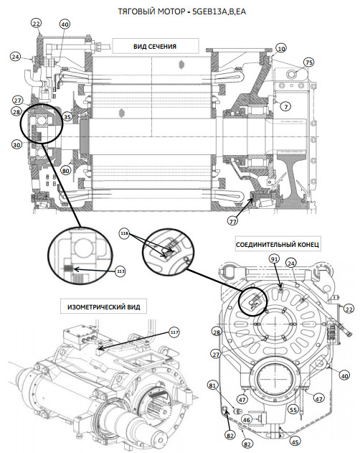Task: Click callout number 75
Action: pos(309,62)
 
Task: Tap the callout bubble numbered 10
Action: pos(281,49)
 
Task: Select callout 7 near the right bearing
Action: pos(286,106)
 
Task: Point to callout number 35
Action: pos(67,117)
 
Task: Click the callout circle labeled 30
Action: pos(16,144)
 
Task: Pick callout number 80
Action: pos(66,170)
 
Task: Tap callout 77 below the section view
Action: pos(232,221)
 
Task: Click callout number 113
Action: pos(120,271)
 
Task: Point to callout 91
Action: pos(274,259)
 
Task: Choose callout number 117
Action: pos(174,332)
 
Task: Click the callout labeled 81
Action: pos(213,386)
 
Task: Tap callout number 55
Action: pos(293,410)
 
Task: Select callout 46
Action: pos(246,420)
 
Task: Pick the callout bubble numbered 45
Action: pos(295,442)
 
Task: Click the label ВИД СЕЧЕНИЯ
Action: pos(155,47)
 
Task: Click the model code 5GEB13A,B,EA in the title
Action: pos(219,11)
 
